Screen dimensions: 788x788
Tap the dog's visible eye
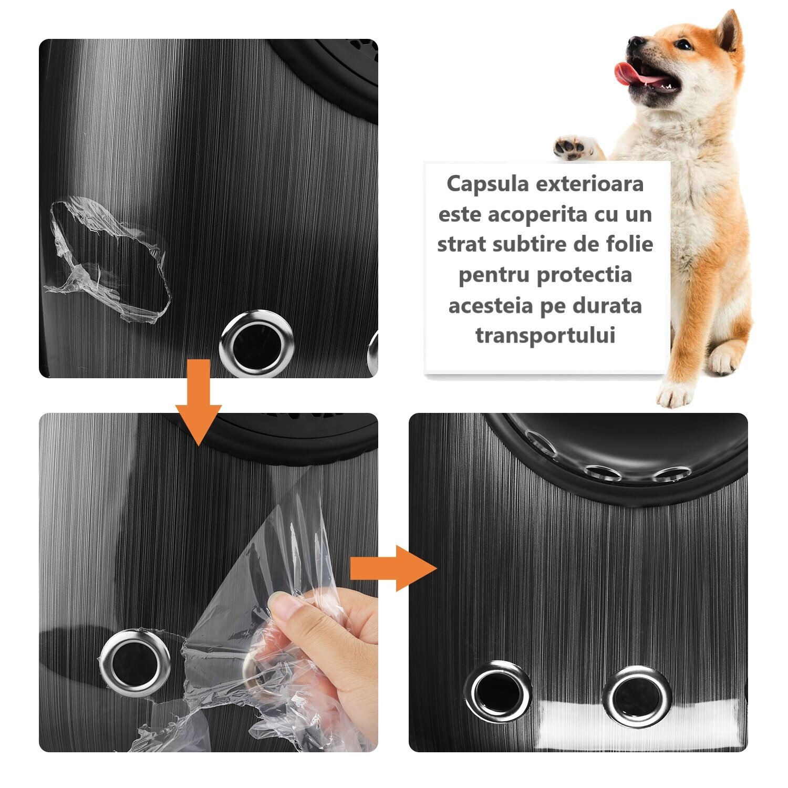coord(683,45)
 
